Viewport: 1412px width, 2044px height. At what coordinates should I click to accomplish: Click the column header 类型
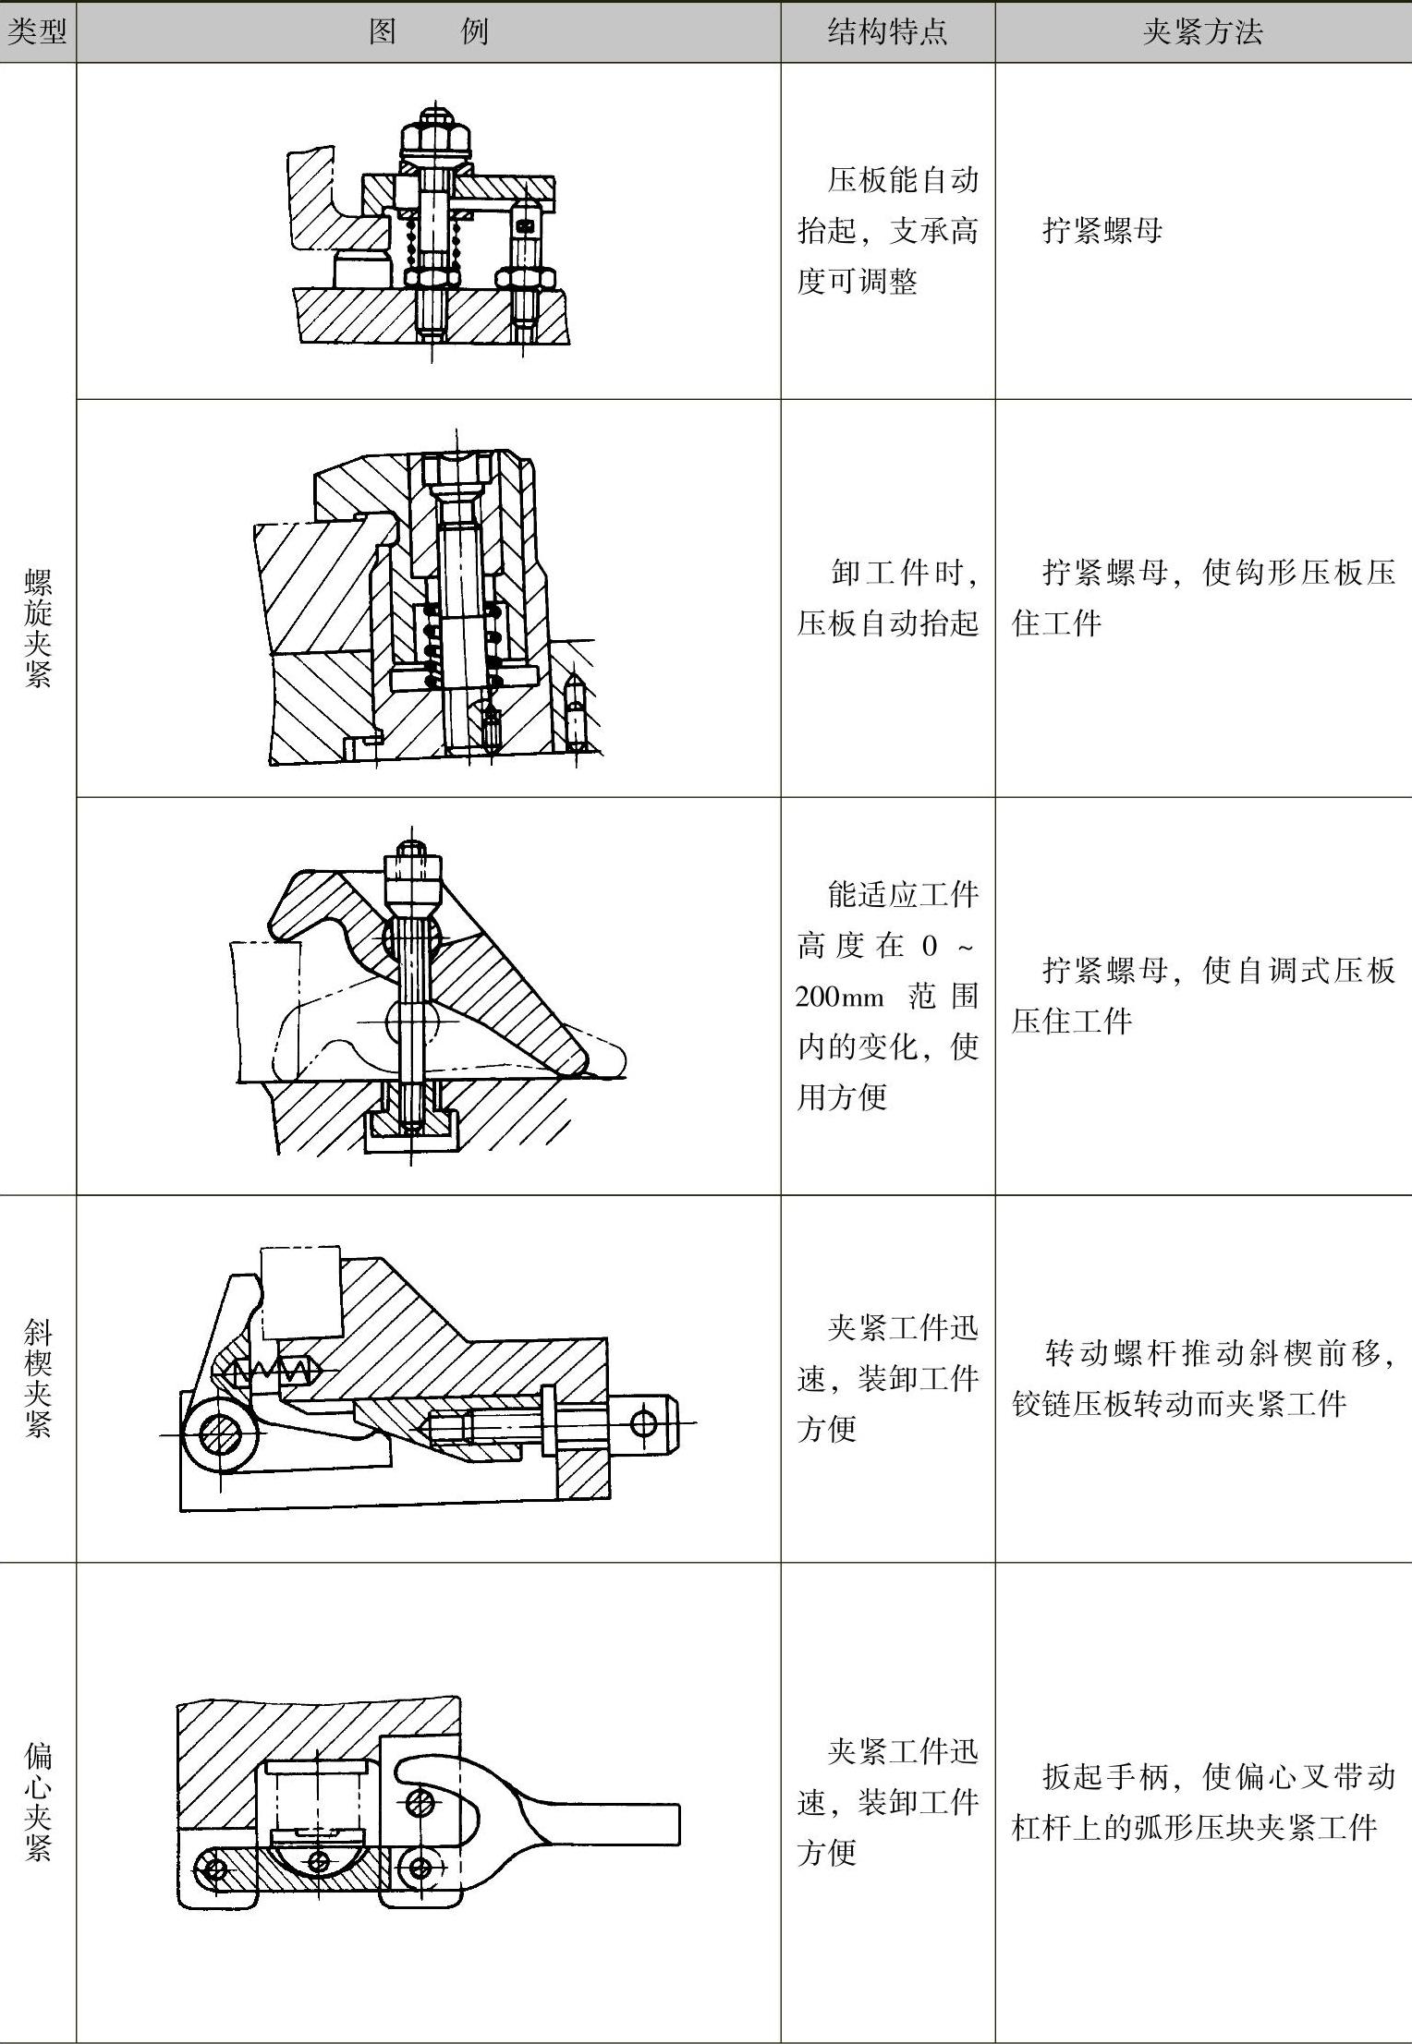[x=37, y=33]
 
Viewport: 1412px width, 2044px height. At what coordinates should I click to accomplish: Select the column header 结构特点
[x=887, y=33]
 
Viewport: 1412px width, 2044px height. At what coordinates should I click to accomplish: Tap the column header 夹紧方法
[x=1202, y=33]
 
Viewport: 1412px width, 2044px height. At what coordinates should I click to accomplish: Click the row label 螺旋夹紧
[x=38, y=628]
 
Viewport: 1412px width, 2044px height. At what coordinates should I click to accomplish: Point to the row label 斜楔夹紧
[x=38, y=1378]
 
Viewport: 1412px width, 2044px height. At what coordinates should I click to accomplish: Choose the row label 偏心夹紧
[x=38, y=1801]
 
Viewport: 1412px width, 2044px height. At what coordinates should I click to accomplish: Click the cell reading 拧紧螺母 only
[x=1102, y=230]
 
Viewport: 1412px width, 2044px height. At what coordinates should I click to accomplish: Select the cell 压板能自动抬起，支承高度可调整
[x=887, y=230]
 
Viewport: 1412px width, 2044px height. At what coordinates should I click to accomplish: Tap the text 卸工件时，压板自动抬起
[x=887, y=598]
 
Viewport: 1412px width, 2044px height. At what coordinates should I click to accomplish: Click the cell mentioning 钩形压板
[x=1202, y=598]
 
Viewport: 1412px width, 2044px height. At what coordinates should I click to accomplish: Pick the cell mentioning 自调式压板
[x=1202, y=995]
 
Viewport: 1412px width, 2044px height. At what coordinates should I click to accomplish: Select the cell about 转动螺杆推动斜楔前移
[x=1202, y=1378]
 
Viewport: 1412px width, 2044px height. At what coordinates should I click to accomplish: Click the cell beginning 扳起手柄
[x=1202, y=1802]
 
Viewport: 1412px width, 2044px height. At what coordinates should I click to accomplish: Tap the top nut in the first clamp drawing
[x=434, y=138]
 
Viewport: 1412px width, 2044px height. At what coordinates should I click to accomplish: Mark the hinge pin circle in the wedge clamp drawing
[x=220, y=1433]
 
